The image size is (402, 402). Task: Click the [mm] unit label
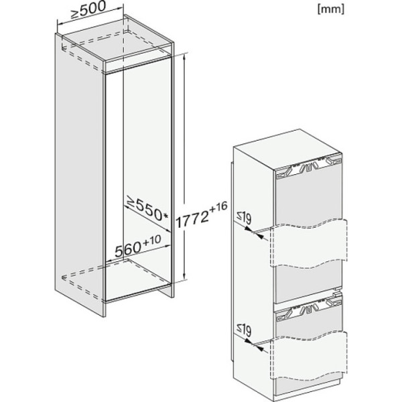(331, 9)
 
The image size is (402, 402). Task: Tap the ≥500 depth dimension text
(88, 10)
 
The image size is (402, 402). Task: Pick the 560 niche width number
(128, 249)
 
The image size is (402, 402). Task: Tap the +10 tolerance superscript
(152, 241)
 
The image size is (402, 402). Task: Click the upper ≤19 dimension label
(244, 218)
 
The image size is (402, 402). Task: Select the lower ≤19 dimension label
(244, 330)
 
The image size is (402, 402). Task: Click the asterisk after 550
(165, 216)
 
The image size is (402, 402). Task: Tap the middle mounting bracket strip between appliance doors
(309, 308)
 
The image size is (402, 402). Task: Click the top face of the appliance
(287, 149)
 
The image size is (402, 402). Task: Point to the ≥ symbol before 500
(74, 14)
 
